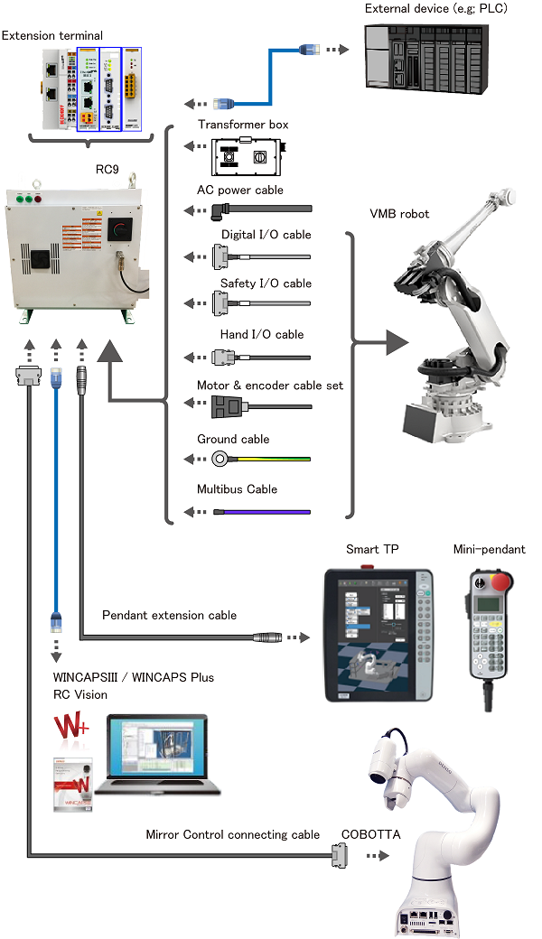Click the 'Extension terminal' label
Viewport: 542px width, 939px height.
tap(52, 35)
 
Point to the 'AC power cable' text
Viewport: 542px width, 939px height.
tap(240, 190)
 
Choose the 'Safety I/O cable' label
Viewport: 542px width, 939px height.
tap(266, 284)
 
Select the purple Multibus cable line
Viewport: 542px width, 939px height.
tap(266, 512)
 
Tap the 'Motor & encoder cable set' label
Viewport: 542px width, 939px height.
tap(270, 386)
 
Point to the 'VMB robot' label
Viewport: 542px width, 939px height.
tap(399, 214)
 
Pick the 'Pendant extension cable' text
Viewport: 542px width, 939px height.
tap(170, 615)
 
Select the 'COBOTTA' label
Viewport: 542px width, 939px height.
tap(367, 834)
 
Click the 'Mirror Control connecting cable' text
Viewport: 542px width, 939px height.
tap(233, 834)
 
